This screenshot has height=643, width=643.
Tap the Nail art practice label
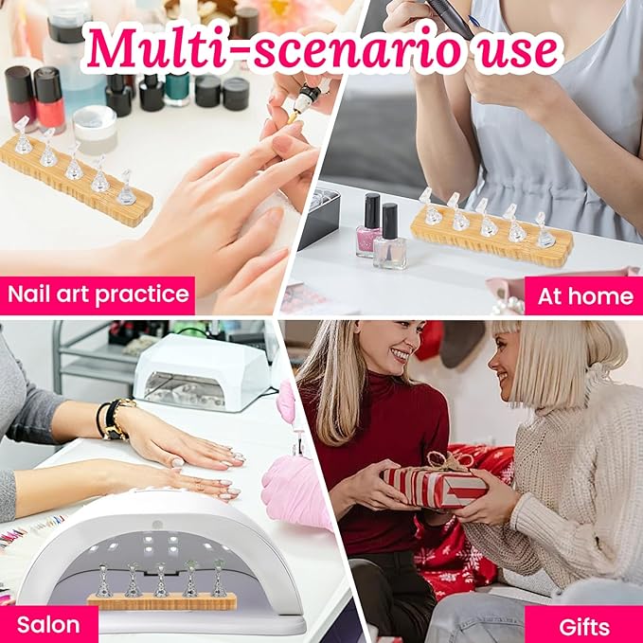tap(98, 295)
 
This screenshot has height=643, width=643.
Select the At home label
tap(584, 295)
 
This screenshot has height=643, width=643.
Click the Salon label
tap(48, 624)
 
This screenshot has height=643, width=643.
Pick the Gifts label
tap(583, 625)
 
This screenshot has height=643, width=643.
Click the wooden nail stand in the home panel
tap(491, 242)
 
